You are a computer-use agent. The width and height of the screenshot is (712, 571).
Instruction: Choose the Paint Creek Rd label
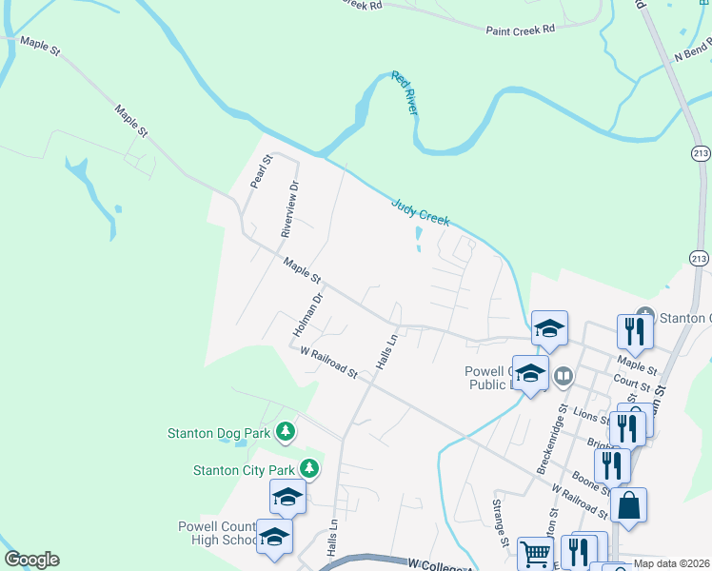tap(520, 30)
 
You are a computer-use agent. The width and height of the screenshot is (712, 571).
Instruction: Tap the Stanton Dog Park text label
tap(220, 433)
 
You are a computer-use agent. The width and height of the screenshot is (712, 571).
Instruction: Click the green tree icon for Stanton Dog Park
tap(285, 433)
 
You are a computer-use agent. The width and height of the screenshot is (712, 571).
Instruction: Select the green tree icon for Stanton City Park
tap(308, 468)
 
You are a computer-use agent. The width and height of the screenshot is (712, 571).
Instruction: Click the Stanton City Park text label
tap(244, 469)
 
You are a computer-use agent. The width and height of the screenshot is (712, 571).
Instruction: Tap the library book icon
tap(564, 377)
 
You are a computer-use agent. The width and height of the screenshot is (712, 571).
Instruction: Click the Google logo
tap(31, 560)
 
